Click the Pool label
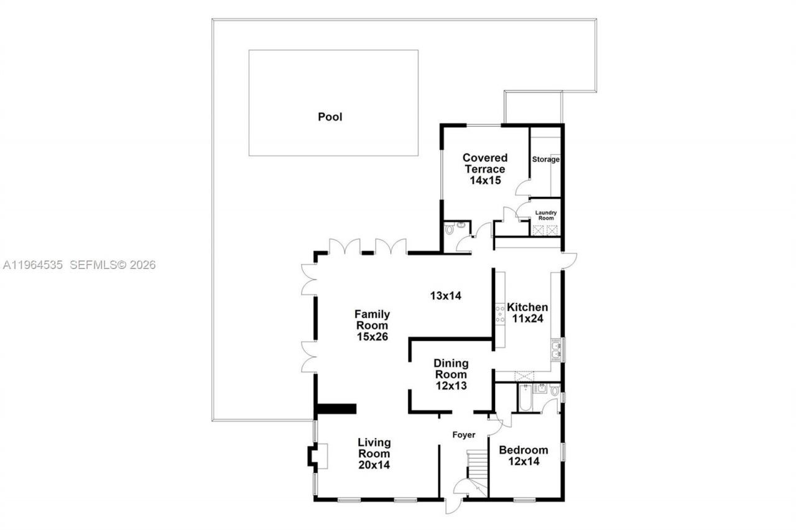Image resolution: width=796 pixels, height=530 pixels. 330,117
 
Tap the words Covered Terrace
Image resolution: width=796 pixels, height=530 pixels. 485,163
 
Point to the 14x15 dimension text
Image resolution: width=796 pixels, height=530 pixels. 485,181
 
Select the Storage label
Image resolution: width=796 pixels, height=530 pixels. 545,160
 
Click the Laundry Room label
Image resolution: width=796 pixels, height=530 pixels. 545,214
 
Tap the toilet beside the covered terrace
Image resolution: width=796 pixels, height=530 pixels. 450,229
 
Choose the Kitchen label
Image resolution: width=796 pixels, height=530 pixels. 527,307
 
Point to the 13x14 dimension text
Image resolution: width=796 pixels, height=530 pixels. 445,296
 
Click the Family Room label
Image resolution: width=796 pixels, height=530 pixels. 372,319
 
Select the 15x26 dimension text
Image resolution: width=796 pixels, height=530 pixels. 372,337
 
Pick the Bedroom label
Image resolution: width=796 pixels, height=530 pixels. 524,450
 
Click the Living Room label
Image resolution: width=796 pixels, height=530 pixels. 374,447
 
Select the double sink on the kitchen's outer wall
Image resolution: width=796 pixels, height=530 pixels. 556,351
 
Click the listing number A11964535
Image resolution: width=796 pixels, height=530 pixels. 33,265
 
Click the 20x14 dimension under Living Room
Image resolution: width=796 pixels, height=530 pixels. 374,464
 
